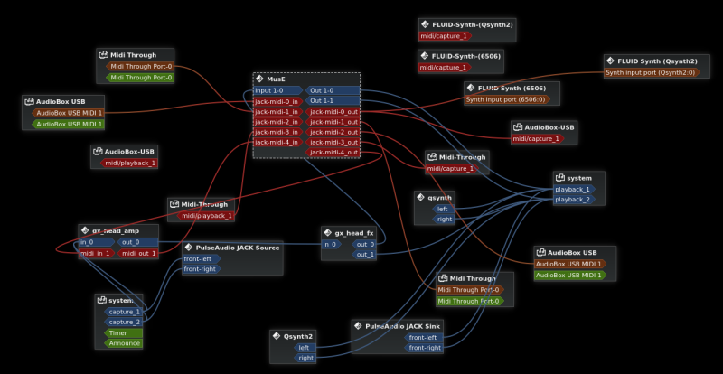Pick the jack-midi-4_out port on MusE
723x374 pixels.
pos(333,152)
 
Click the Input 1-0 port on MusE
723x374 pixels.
pos(276,90)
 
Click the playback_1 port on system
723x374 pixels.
pos(574,189)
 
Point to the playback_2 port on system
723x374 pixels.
pos(574,199)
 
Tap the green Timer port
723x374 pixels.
pos(119,332)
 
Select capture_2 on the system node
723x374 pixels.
pos(124,322)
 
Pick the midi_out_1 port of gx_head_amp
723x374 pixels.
pos(137,253)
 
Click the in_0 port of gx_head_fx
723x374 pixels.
pos(331,244)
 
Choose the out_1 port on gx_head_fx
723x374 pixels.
pos(363,255)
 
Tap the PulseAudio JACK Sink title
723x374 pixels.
pos(402,325)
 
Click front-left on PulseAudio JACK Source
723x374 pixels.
pos(199,258)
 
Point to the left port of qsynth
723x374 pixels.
pos(441,208)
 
